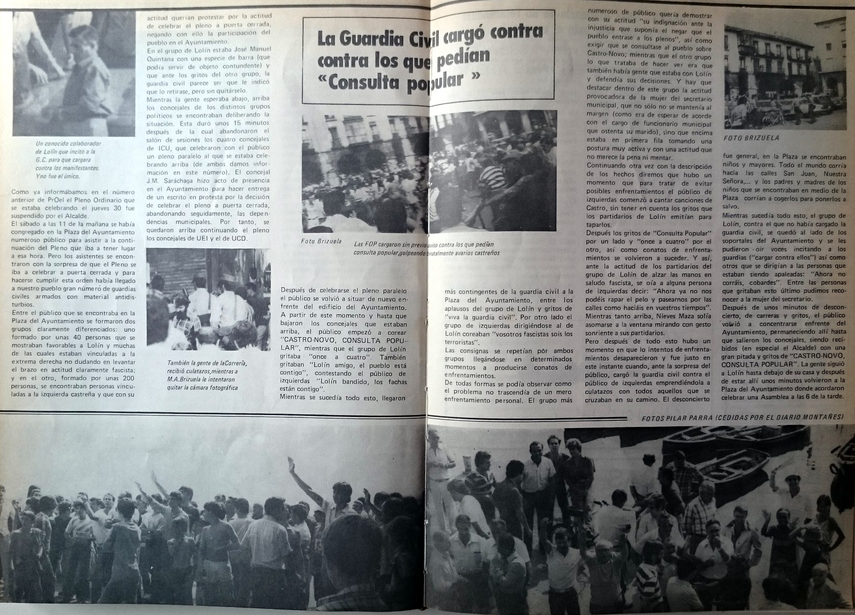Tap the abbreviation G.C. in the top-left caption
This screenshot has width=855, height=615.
pyautogui.click(x=43, y=160)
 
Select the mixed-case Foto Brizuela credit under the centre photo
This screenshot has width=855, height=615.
pyautogui.click(x=321, y=241)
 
